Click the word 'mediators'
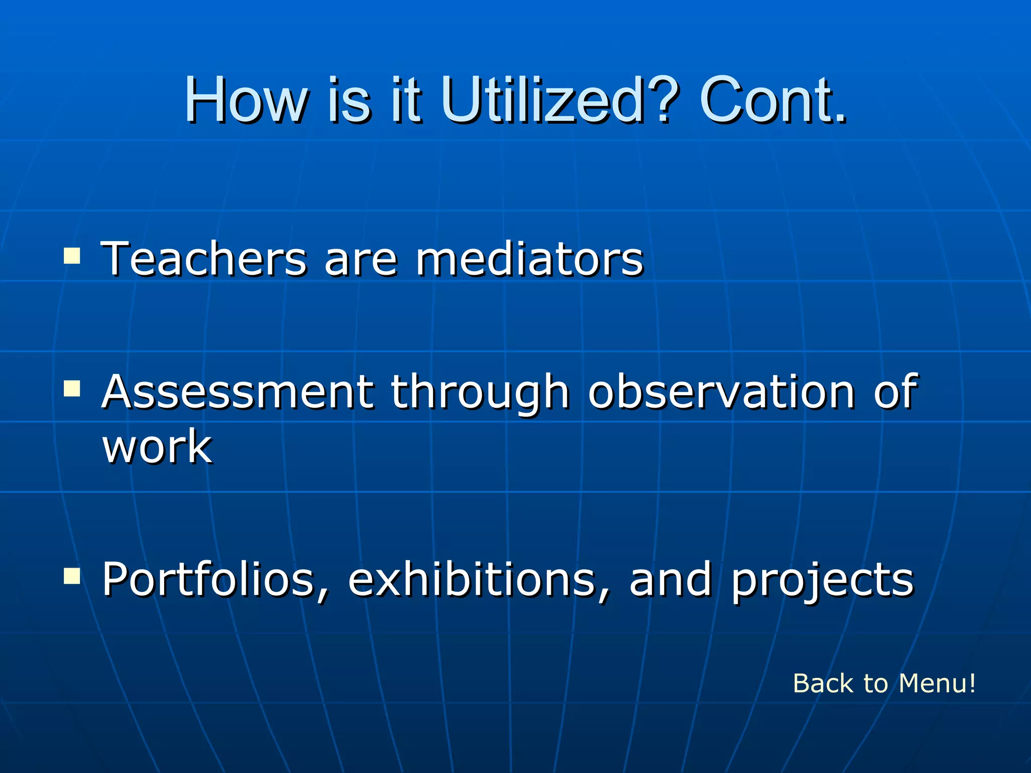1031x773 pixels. tap(529, 259)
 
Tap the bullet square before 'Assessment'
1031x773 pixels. tap(72, 388)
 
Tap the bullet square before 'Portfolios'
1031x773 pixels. tap(72, 576)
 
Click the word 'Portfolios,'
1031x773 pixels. tap(215, 580)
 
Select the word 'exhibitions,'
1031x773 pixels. tap(479, 580)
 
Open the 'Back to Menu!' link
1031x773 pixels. tap(884, 683)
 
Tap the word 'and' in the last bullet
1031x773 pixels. tap(670, 580)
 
